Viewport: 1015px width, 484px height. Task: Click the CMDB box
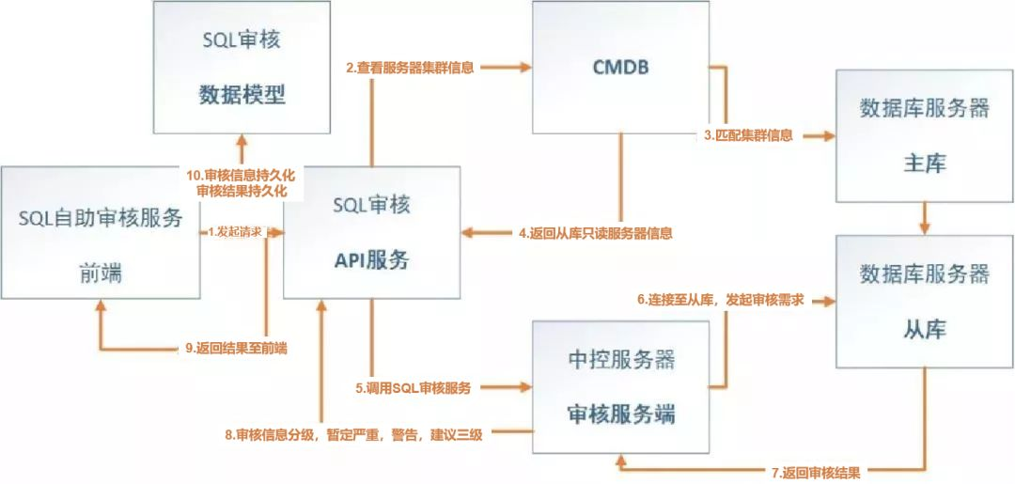pos(619,67)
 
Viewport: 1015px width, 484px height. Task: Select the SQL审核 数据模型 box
pos(242,67)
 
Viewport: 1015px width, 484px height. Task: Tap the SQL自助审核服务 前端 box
pos(100,233)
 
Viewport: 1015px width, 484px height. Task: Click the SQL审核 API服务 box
pos(371,232)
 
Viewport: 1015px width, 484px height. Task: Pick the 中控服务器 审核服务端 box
pos(621,387)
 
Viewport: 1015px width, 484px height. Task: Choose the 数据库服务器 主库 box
pos(924,135)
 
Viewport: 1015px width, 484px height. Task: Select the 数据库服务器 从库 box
pos(924,301)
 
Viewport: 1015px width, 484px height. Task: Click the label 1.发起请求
pos(234,231)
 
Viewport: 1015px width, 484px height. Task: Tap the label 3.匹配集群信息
pos(748,135)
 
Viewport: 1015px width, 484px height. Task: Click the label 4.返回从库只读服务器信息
pos(596,232)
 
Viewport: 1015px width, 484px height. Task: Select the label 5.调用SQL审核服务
pos(413,386)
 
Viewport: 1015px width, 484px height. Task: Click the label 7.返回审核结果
pos(817,472)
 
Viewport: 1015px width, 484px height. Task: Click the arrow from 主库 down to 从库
pos(925,218)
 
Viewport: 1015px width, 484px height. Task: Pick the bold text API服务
pos(371,260)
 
